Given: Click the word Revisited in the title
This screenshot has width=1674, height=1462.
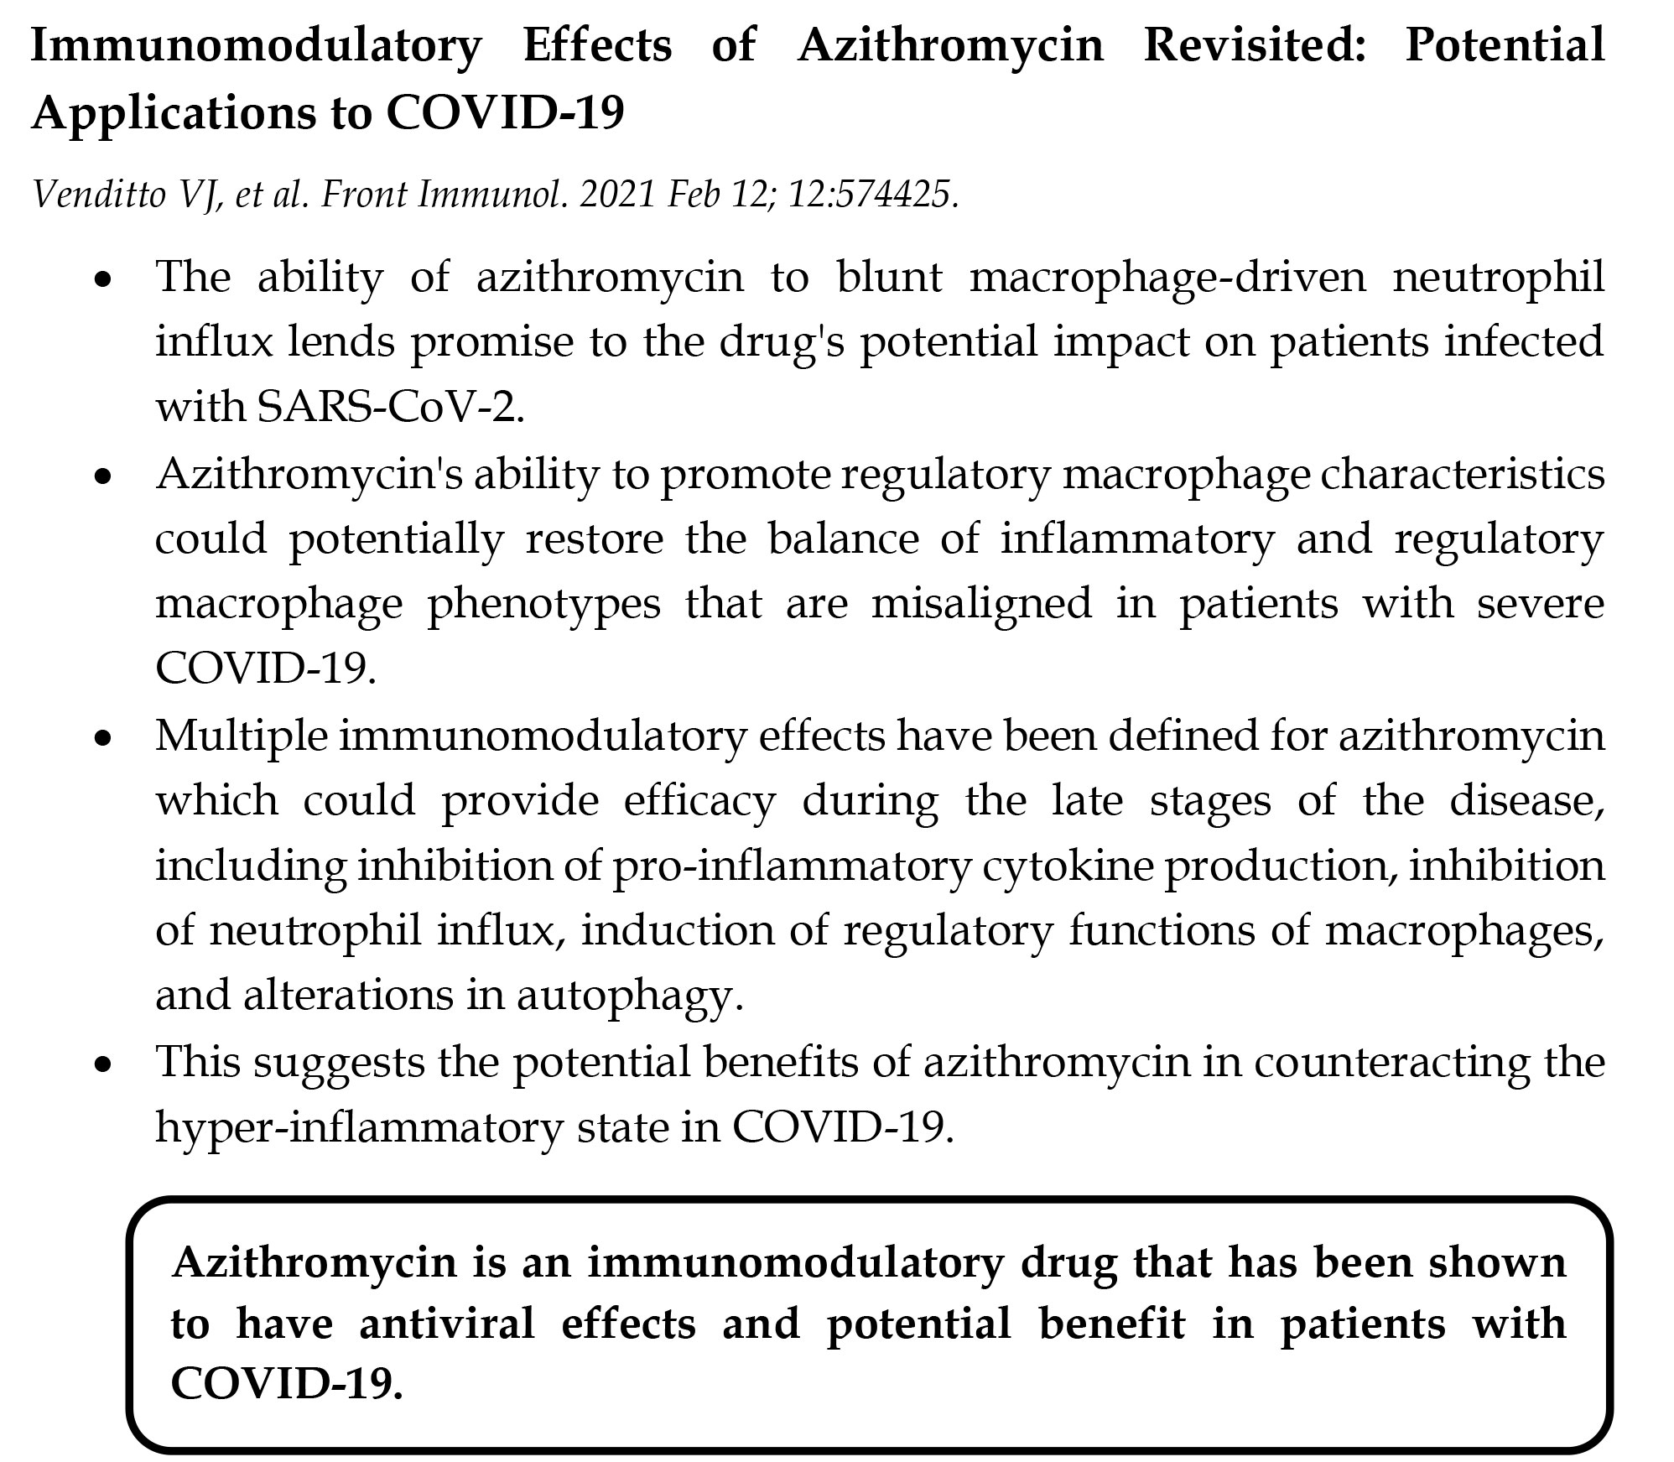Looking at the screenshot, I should tap(1254, 45).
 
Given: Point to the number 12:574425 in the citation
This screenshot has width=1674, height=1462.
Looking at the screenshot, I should tap(871, 195).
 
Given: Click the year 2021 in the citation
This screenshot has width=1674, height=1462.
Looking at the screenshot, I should tap(616, 195).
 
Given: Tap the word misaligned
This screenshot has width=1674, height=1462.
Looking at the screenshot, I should tap(981, 604).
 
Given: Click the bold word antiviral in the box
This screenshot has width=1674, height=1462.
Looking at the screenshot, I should tap(446, 1324).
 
